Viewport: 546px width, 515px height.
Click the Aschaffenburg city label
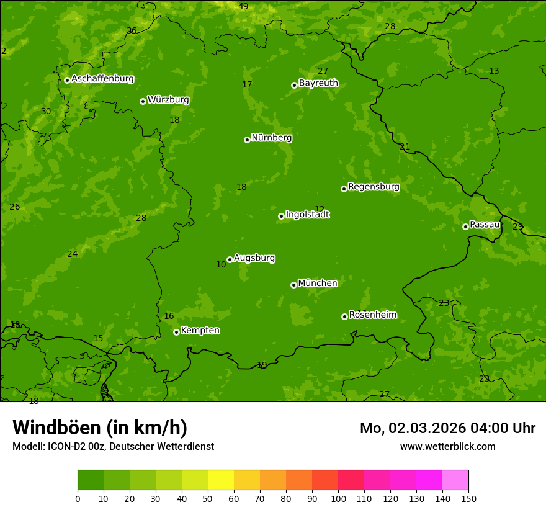pos(102,79)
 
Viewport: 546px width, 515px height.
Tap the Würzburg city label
pos(168,100)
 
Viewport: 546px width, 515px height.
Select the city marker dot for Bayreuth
pos(294,86)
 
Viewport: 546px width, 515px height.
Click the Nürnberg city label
pos(271,138)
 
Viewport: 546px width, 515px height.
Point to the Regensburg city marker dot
pos(344,189)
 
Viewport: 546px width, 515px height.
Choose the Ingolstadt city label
pos(307,215)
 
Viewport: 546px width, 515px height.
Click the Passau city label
pos(485,225)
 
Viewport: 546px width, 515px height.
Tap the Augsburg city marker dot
pos(230,259)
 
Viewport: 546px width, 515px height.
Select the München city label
pos(318,284)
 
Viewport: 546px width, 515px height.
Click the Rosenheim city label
pos(372,315)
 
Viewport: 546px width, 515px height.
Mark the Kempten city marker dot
pos(176,332)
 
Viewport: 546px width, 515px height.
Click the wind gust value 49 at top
pos(243,6)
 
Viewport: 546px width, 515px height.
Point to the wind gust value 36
pos(132,30)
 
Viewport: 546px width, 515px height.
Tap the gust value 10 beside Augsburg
pos(221,265)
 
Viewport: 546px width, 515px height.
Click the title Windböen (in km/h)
pos(100,428)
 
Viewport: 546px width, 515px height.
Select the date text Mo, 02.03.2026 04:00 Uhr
pos(447,428)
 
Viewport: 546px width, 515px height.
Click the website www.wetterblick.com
pos(447,447)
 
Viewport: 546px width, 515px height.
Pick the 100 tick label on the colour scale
pos(338,498)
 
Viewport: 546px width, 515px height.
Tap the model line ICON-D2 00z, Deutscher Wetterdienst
pos(113,447)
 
